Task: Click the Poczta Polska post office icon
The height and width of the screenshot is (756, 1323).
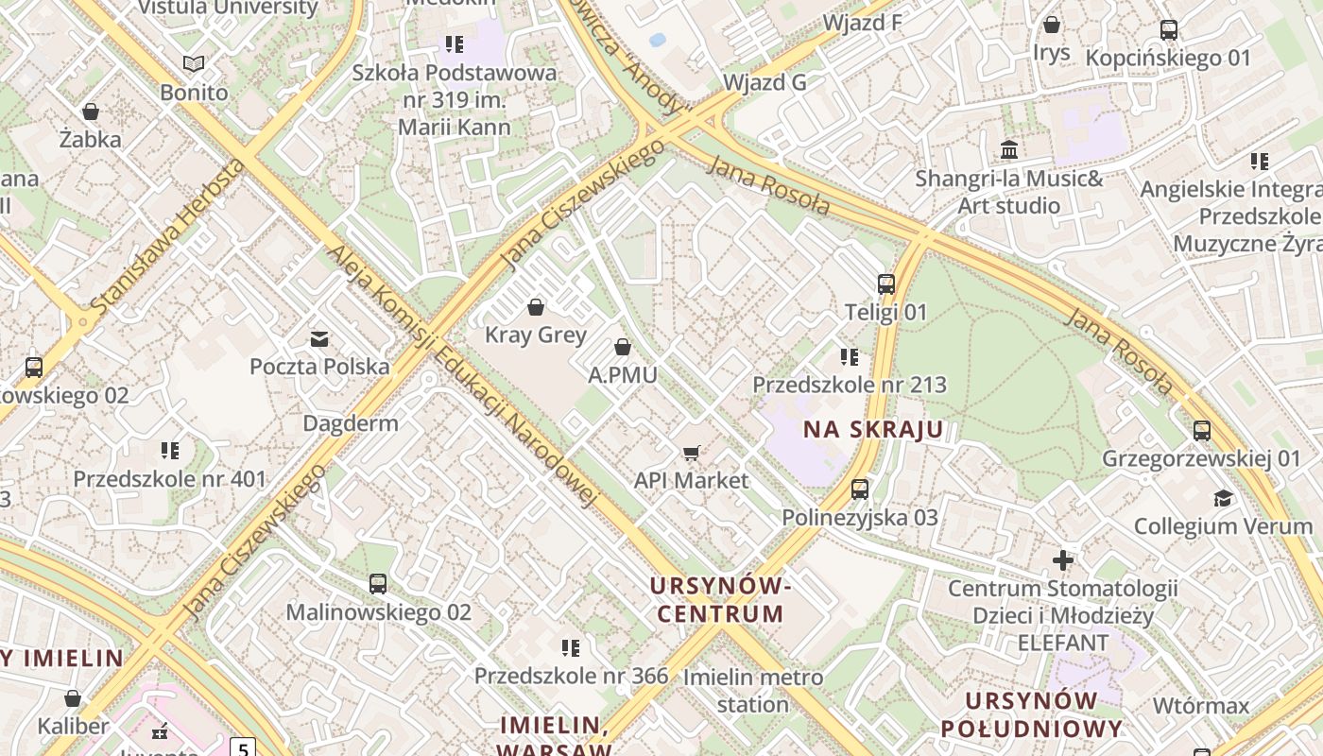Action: click(x=319, y=338)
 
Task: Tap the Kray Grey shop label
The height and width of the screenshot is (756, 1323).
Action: click(x=536, y=335)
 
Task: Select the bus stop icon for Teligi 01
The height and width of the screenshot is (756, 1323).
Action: click(x=886, y=283)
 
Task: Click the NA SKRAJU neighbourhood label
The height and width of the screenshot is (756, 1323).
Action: click(x=873, y=430)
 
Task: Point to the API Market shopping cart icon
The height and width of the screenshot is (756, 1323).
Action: click(x=692, y=453)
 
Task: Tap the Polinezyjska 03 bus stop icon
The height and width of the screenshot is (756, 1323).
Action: click(x=860, y=490)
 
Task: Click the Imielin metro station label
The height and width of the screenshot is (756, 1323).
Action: click(x=753, y=691)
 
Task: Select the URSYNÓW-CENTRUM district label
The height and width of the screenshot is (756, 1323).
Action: click(x=720, y=600)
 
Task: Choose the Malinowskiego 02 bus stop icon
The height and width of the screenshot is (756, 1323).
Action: click(x=378, y=584)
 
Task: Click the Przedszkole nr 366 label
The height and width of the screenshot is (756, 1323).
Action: click(x=571, y=676)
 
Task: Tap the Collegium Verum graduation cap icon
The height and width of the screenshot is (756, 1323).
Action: click(x=1224, y=498)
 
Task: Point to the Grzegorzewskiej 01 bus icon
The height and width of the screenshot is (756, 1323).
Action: click(x=1202, y=431)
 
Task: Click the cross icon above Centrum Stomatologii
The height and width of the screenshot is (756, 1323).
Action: click(x=1063, y=560)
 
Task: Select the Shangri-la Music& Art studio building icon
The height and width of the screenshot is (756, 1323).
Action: click(x=1009, y=150)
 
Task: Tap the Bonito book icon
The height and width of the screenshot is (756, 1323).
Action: click(x=194, y=64)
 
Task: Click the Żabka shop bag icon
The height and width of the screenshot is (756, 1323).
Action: click(x=91, y=112)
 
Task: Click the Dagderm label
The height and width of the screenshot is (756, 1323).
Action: click(x=351, y=422)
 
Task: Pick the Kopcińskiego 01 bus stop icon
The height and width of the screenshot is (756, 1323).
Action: click(x=1169, y=30)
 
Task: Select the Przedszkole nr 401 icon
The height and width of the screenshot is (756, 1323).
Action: click(x=170, y=451)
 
